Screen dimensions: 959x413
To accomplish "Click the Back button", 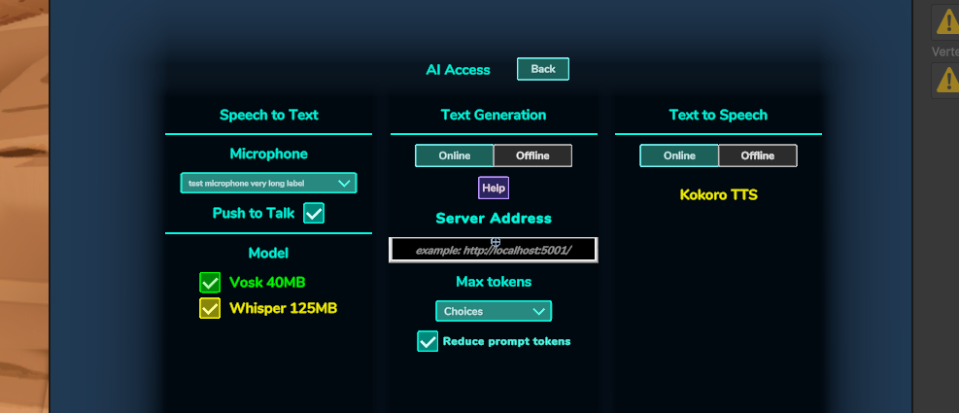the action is [543, 69].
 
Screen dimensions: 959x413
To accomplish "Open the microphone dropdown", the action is [268, 183].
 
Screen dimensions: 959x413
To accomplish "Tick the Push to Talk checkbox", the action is [314, 214].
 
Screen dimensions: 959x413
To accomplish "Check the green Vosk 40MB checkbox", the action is [210, 283].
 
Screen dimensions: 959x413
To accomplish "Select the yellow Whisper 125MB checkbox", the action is [210, 308].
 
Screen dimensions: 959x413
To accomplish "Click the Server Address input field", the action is [493, 250].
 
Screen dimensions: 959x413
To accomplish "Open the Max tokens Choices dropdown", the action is [494, 311].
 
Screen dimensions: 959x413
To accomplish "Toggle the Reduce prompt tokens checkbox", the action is [428, 341].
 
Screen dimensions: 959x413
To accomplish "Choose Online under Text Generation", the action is [455, 155].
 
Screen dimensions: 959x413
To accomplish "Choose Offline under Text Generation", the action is [532, 155].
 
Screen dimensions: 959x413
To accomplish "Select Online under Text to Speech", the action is [679, 155].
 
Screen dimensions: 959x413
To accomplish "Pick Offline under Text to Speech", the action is [758, 155].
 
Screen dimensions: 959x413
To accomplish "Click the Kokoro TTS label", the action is [719, 195].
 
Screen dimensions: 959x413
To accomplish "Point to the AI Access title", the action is [458, 70].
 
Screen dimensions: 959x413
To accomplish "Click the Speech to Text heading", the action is [269, 115].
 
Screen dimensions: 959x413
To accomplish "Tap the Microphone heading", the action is [268, 155].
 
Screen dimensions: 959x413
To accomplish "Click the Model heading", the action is [268, 254].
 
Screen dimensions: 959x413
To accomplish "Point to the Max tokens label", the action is [494, 282].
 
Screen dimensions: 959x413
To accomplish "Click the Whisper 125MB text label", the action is [283, 308].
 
